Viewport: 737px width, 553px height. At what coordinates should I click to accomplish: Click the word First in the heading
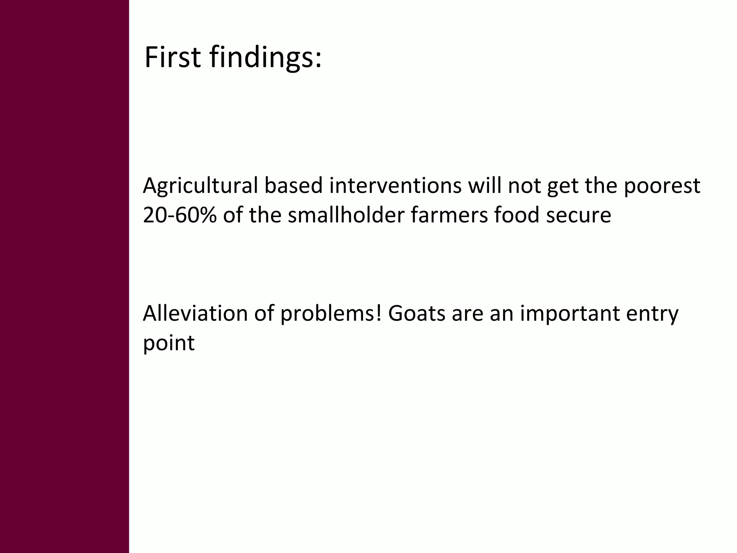(172, 58)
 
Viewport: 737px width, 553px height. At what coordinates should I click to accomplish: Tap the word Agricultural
(200, 186)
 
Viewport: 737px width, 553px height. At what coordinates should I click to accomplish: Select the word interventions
(395, 186)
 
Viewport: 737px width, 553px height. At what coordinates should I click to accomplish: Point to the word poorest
(662, 186)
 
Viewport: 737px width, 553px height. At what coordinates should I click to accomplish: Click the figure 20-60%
(180, 215)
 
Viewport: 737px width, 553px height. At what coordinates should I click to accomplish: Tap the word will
(484, 186)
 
